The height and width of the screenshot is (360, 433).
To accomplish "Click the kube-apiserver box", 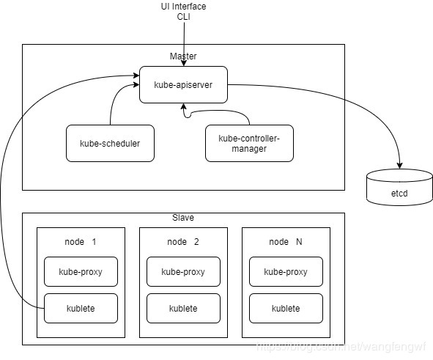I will [x=183, y=84].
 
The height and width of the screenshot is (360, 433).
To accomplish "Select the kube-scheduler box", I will [x=110, y=143].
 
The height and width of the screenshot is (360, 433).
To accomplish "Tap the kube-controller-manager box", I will [x=249, y=143].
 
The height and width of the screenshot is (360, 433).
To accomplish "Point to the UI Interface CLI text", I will [x=183, y=12].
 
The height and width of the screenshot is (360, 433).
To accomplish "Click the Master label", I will [x=183, y=56].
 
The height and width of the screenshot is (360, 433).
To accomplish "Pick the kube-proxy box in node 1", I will [x=81, y=271].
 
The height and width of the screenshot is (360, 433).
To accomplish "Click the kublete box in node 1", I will [x=81, y=309].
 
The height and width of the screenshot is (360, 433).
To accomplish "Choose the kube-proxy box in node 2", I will [x=183, y=271].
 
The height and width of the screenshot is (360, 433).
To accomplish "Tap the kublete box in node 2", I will [x=183, y=309].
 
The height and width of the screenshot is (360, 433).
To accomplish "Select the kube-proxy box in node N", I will [x=286, y=271].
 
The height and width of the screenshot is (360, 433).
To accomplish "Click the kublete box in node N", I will [x=286, y=309].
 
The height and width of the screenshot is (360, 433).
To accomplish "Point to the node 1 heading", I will [x=81, y=242].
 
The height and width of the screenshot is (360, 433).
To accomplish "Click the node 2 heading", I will [x=183, y=242].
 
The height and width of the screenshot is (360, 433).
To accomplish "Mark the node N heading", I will [x=286, y=242].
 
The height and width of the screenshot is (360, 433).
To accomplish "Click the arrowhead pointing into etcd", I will [x=399, y=164].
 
